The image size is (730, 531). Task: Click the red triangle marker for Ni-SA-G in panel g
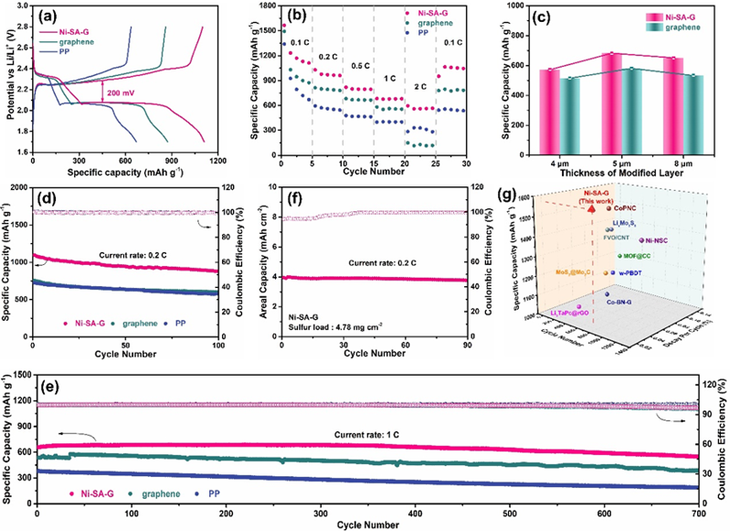click(592, 208)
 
